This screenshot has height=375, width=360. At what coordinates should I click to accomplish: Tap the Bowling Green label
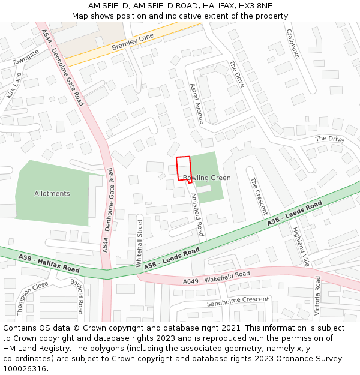click(207, 178)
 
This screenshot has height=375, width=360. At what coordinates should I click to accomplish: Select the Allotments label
click(52, 194)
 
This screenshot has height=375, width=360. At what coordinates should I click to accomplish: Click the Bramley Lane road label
click(133, 42)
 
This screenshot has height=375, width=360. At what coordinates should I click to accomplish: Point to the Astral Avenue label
click(197, 103)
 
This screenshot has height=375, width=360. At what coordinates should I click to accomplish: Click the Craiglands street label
click(293, 44)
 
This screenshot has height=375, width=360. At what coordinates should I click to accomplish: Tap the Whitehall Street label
click(140, 242)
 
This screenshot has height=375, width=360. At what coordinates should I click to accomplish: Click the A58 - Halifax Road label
click(49, 262)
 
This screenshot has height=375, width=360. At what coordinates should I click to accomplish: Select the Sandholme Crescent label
click(238, 301)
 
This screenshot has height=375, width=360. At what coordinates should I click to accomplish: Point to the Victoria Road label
click(317, 296)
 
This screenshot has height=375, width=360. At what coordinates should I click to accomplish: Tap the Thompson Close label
click(32, 298)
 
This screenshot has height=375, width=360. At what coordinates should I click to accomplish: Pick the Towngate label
click(25, 56)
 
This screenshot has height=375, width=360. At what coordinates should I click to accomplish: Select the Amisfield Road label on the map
click(197, 214)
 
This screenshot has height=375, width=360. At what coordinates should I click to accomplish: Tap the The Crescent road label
click(259, 196)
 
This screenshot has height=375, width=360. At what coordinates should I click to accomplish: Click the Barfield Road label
click(76, 296)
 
